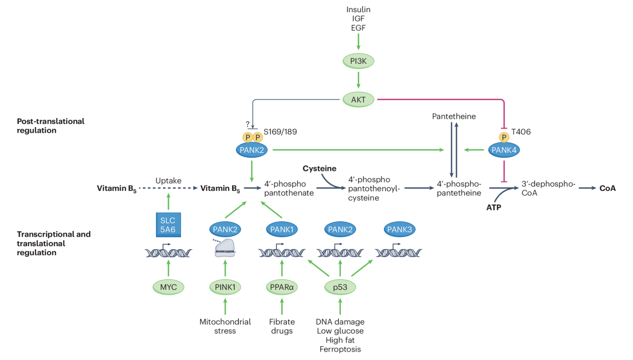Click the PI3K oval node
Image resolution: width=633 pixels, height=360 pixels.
pos(358,61)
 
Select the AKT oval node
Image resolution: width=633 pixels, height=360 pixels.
pos(358,100)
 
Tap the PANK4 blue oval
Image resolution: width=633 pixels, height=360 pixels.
pos(504,150)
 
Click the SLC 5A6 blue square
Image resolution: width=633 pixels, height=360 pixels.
pos(168,225)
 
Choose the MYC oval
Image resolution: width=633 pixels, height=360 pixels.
pos(168,287)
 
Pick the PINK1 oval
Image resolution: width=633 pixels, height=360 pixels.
pos(225,287)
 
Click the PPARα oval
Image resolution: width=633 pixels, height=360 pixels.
pos(282,287)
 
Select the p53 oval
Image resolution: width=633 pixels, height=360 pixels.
pos(340,287)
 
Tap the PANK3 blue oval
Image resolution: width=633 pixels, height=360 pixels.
pos(400,229)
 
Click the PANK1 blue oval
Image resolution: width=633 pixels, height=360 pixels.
pos(282,229)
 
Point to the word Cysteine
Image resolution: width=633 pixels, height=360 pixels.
pos(319,169)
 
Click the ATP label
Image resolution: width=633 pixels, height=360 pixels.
pos(494,208)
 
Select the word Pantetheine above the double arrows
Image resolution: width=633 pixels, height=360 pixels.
pos(454,116)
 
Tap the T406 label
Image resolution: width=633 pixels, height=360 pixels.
pos(521,132)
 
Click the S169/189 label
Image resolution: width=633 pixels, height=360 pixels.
pos(280,132)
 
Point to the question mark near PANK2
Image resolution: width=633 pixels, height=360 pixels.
pos(247,124)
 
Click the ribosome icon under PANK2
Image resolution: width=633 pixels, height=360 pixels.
pos(225,248)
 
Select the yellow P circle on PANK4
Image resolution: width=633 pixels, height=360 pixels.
pos(504,138)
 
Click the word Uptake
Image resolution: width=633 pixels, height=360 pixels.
pos(168,181)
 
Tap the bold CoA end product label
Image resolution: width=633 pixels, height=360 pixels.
pos(608,188)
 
